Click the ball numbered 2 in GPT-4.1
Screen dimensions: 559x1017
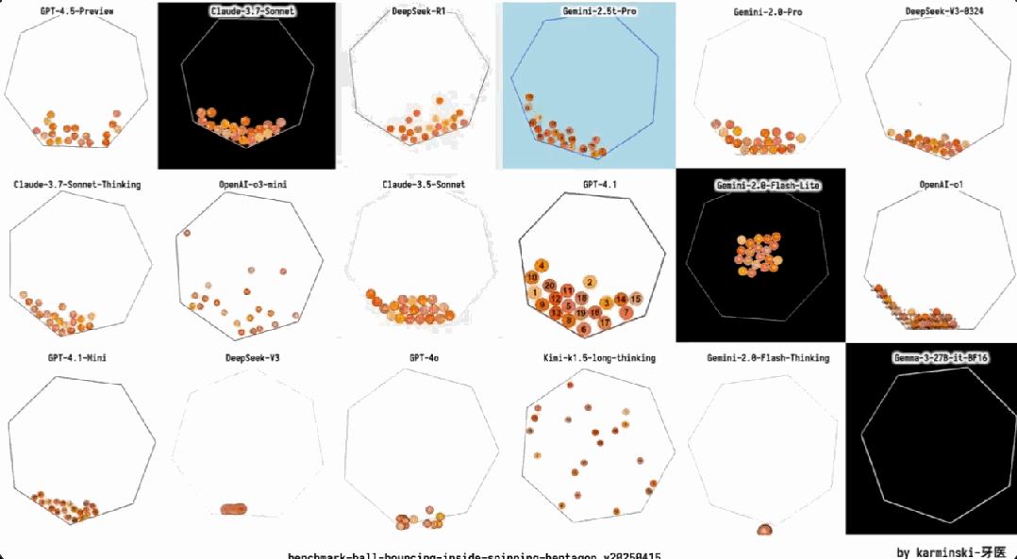point(590,281)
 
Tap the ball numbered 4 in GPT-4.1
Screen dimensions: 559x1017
point(542,265)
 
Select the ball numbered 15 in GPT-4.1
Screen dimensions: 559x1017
point(636,299)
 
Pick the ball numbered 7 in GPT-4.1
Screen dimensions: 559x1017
point(626,312)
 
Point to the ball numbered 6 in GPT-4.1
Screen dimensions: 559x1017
point(585,329)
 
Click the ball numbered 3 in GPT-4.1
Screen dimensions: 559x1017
point(606,302)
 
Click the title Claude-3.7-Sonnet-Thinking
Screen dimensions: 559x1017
point(76,185)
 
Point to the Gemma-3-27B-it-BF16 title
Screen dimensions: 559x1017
point(931,358)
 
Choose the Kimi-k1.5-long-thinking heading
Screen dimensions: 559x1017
point(599,358)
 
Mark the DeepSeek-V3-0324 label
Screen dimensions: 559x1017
point(931,11)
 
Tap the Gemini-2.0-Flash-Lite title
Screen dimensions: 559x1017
point(760,186)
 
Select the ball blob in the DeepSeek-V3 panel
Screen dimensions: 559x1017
point(234,509)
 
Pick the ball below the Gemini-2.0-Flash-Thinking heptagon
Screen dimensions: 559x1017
point(764,530)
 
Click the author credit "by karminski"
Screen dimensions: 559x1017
point(951,551)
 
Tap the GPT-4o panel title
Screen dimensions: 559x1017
point(424,358)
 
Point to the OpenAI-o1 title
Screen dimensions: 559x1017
point(931,185)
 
